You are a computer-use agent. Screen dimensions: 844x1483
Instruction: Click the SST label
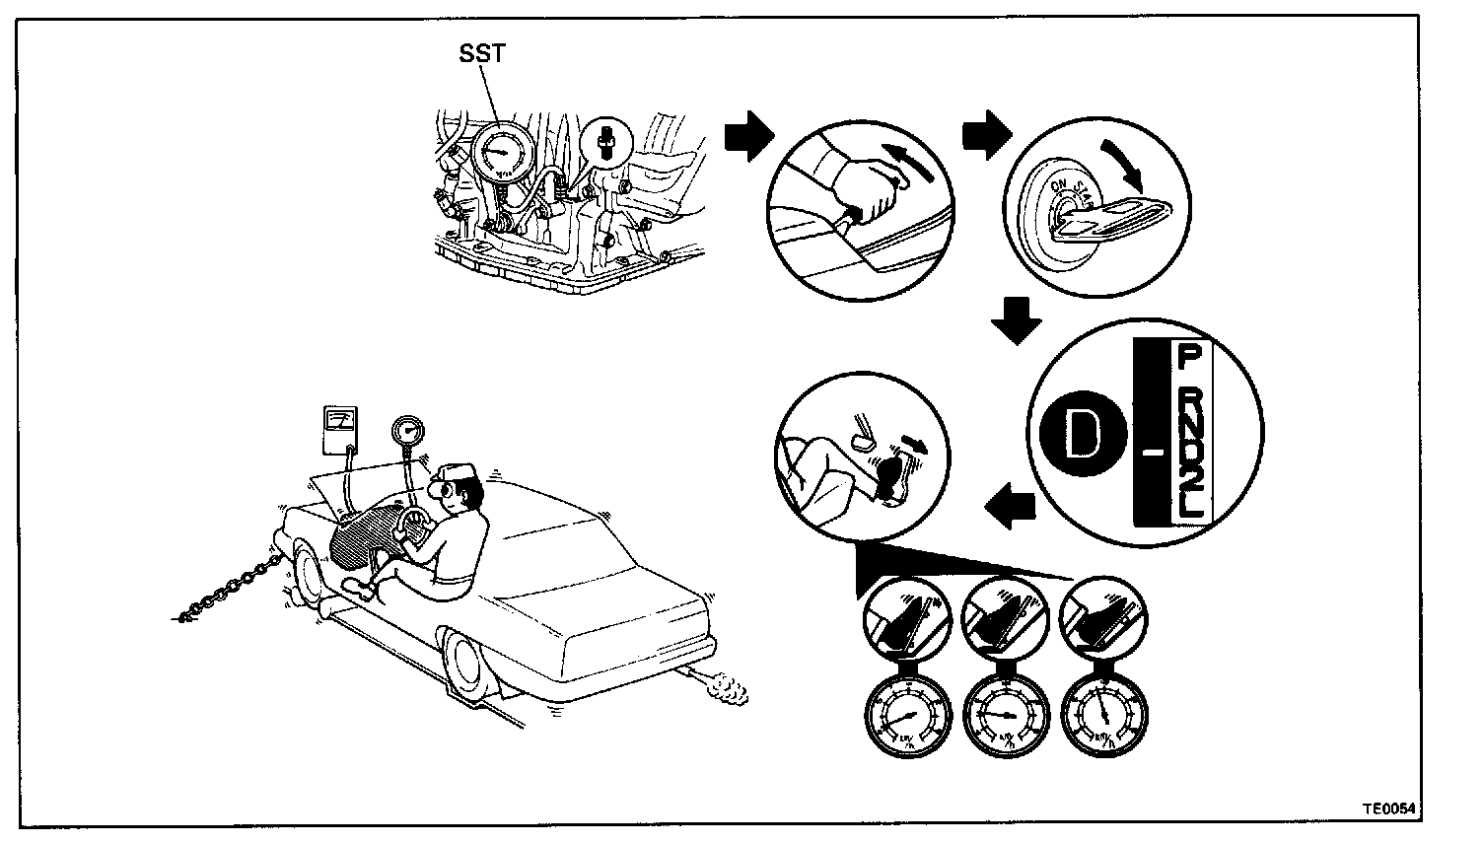[482, 54]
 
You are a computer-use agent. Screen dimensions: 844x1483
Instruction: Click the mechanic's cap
[458, 476]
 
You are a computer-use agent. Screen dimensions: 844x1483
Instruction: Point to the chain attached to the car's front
[230, 590]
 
